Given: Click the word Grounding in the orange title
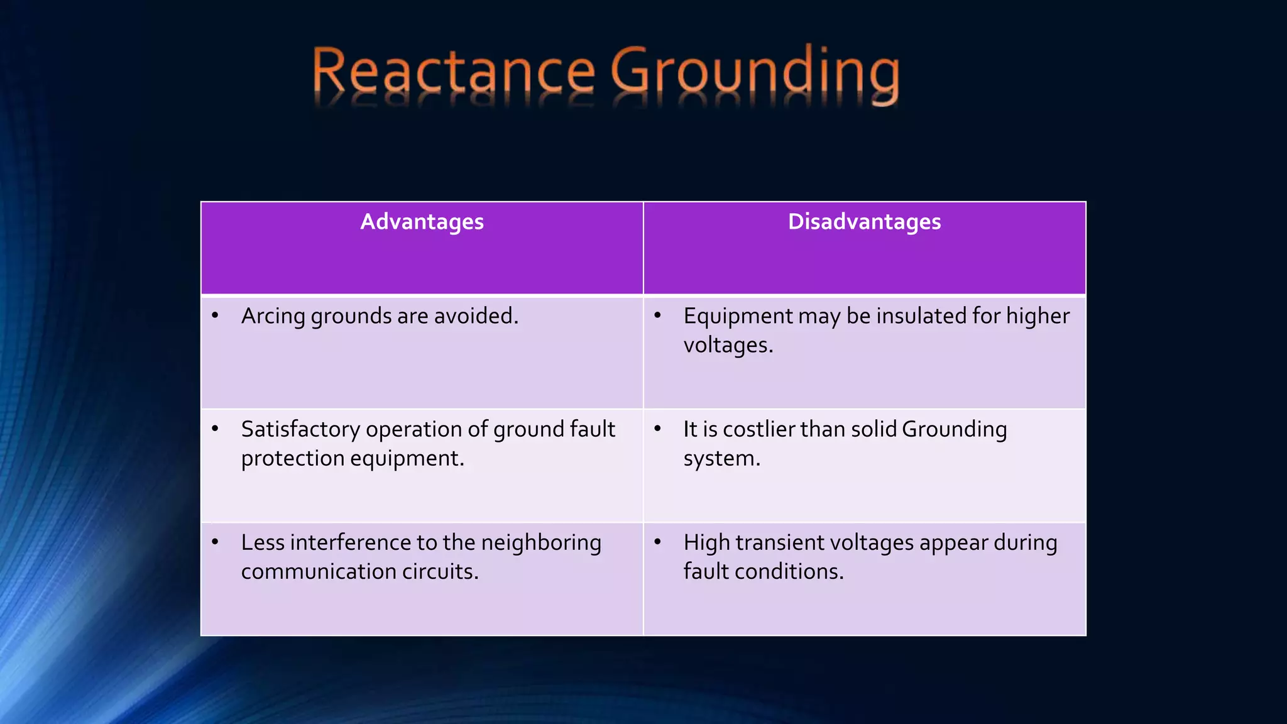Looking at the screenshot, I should [x=755, y=74].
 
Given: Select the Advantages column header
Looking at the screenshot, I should [x=422, y=222].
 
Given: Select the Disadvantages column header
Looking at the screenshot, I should [x=864, y=222].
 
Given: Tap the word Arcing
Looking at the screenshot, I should [x=273, y=316].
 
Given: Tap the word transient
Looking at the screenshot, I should [x=782, y=542].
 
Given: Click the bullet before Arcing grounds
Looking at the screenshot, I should [x=216, y=315].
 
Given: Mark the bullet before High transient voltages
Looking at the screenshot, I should [x=658, y=542].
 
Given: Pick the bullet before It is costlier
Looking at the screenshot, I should [x=658, y=429].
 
